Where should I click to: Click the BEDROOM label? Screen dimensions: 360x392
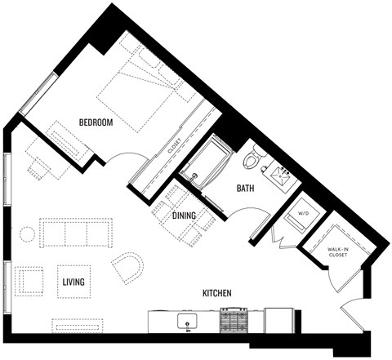point(96,122)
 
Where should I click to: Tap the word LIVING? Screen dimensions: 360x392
point(73,282)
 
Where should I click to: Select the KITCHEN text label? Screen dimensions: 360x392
point(219,292)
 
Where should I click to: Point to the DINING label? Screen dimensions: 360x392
point(184,216)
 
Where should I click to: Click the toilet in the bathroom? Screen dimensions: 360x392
point(253,157)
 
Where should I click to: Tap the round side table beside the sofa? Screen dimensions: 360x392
point(27,235)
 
